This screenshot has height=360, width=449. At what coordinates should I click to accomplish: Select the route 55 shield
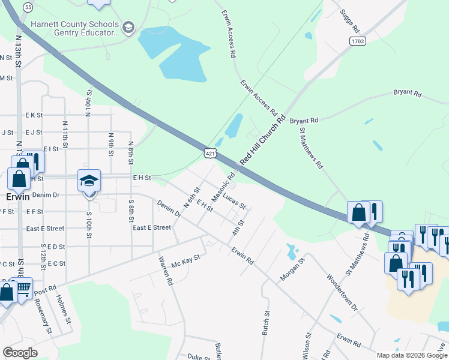click(x=28, y=7)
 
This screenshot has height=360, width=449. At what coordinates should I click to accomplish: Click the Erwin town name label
click(x=18, y=196)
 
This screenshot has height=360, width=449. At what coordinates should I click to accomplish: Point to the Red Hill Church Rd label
click(x=263, y=141)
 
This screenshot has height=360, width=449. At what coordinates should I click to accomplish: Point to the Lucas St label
click(x=234, y=200)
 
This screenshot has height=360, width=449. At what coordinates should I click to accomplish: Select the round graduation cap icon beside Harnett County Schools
click(x=128, y=27)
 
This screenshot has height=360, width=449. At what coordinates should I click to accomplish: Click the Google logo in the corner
click(x=20, y=353)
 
